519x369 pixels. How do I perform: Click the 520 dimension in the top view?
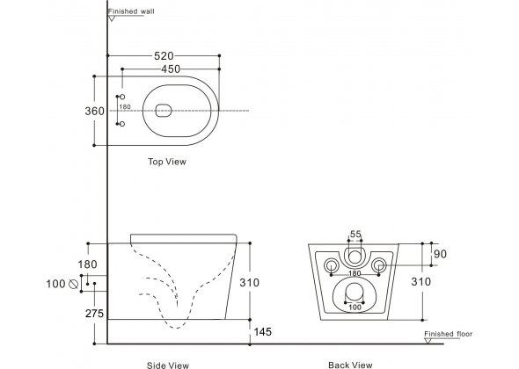[x=164, y=56]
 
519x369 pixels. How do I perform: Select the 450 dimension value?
[x=171, y=69]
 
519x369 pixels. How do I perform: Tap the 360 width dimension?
[x=94, y=111]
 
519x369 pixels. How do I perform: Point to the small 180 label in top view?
[x=125, y=107]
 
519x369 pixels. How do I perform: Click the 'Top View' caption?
[x=167, y=162]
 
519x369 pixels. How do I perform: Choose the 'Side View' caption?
[x=167, y=365]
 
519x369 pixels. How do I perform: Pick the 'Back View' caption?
[x=350, y=365]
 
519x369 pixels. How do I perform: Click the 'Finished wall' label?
[x=131, y=11]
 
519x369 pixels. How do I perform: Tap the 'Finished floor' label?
[x=448, y=334]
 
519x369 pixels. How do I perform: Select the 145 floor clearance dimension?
[x=262, y=331]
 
